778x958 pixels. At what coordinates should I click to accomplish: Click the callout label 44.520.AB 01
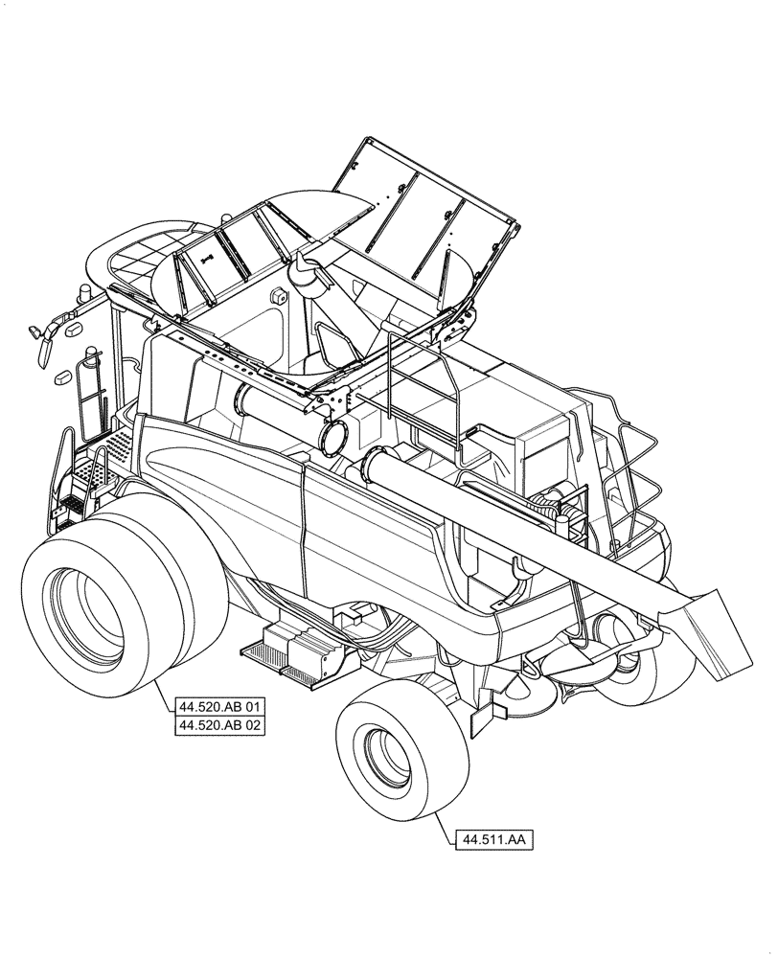219,708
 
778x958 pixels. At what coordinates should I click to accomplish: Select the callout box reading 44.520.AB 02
219,726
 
